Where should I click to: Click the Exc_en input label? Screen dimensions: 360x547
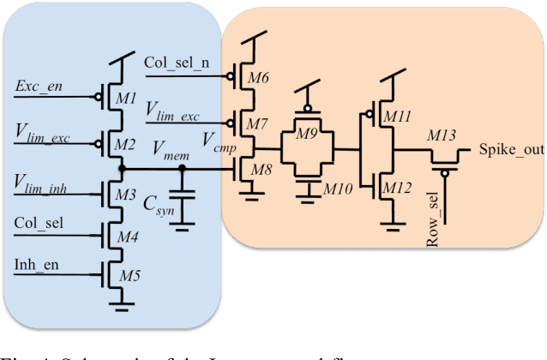coord(39,87)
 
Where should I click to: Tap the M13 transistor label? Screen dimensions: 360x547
coord(442,134)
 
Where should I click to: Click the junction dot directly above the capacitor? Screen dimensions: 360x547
coord(182,169)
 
